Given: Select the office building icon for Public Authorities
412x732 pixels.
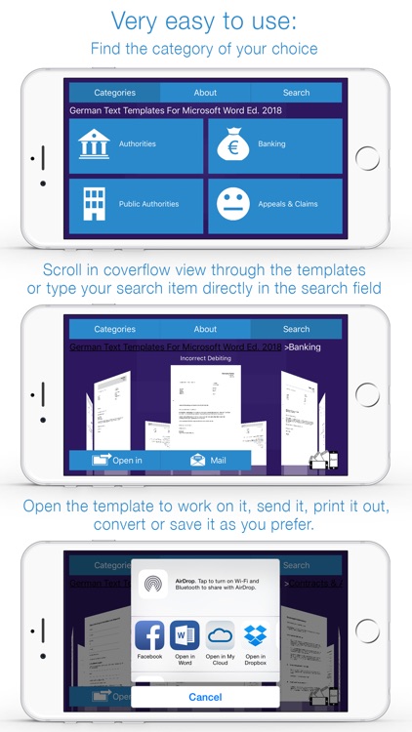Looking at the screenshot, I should [95, 204].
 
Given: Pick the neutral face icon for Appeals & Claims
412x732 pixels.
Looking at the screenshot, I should [232, 204].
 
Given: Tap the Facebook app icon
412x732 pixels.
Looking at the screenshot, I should [149, 636].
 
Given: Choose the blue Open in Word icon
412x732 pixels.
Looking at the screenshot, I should [185, 636].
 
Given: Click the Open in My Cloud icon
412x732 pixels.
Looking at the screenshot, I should [221, 636].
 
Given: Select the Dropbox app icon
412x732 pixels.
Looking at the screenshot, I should [256, 636].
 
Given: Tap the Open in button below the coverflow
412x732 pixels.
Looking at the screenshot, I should [115, 460].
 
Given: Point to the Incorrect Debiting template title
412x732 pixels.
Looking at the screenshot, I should [205, 358].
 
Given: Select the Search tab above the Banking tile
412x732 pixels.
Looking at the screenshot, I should [296, 93].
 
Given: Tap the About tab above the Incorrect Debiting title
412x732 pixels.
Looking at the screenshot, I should [205, 329].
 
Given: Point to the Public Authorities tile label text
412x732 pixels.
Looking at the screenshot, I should [148, 204].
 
